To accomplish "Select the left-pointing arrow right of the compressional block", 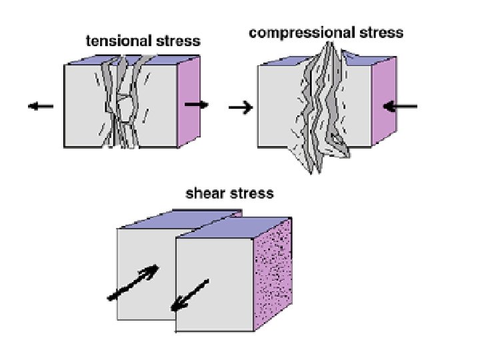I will click(403, 105).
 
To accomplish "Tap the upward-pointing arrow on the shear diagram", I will click(133, 282).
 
